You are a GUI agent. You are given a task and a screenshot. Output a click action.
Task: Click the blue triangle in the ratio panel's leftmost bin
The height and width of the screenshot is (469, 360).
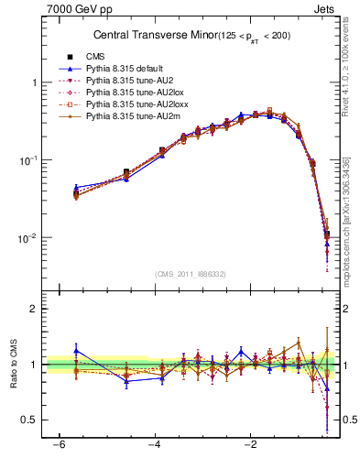[x=76, y=350]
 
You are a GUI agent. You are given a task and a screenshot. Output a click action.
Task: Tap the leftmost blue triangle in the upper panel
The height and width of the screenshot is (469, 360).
[x=76, y=188]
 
